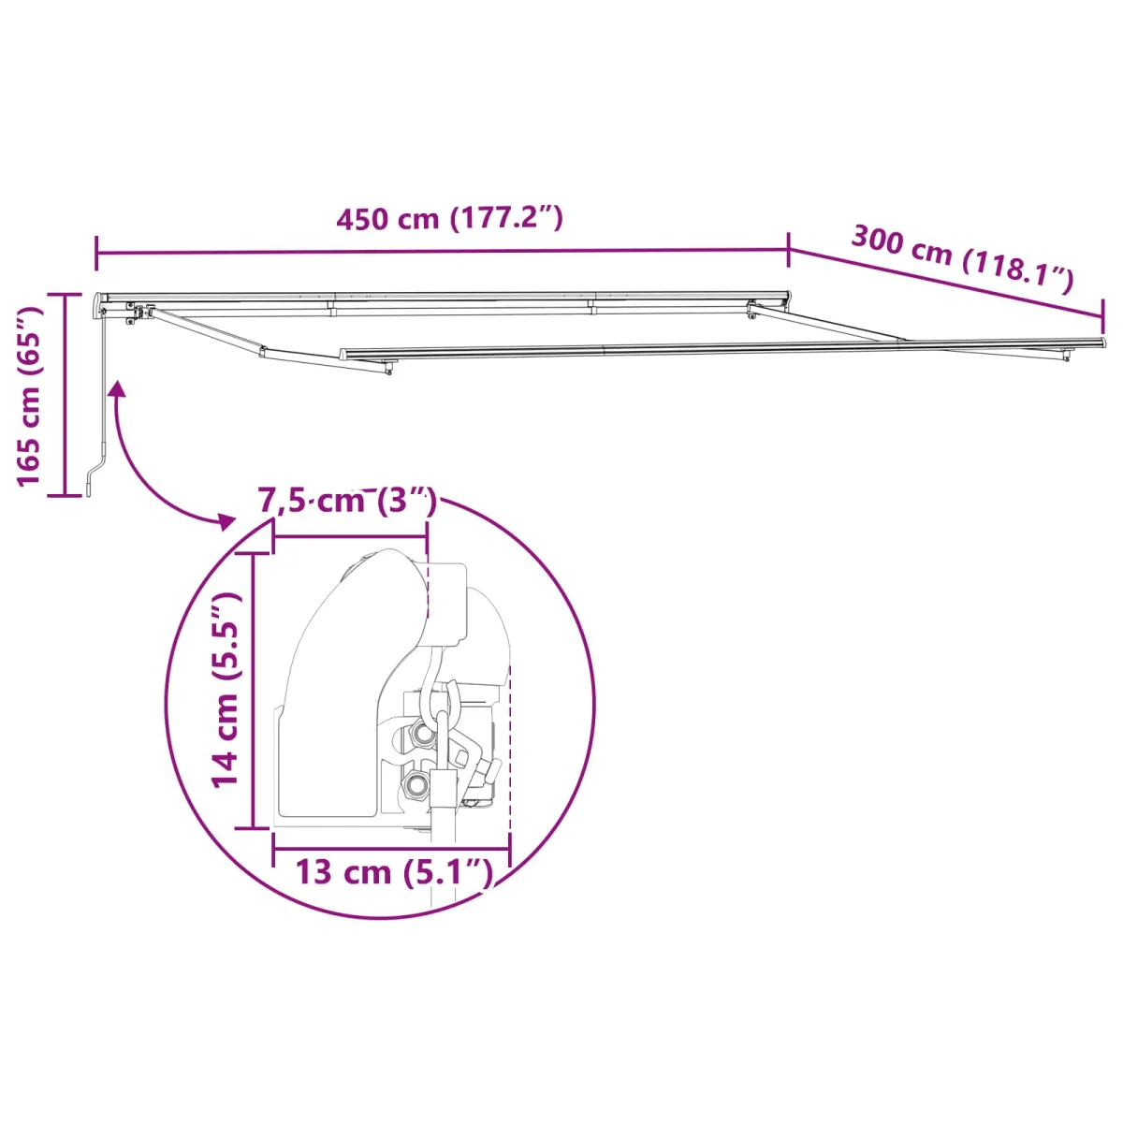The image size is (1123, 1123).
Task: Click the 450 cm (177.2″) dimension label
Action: (449, 219)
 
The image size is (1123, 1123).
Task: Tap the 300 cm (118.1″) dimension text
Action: (961, 258)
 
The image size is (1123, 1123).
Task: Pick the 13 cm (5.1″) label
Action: (394, 872)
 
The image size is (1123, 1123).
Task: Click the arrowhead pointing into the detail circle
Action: (225, 521)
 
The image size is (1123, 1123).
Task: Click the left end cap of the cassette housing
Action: (101, 305)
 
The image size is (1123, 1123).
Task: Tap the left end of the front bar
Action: (344, 355)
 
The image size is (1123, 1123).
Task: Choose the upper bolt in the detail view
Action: (424, 736)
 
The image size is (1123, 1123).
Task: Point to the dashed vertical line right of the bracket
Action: (509, 749)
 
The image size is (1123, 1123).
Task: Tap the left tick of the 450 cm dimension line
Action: (97, 254)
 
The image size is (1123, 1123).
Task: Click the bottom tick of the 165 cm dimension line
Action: (65, 494)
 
